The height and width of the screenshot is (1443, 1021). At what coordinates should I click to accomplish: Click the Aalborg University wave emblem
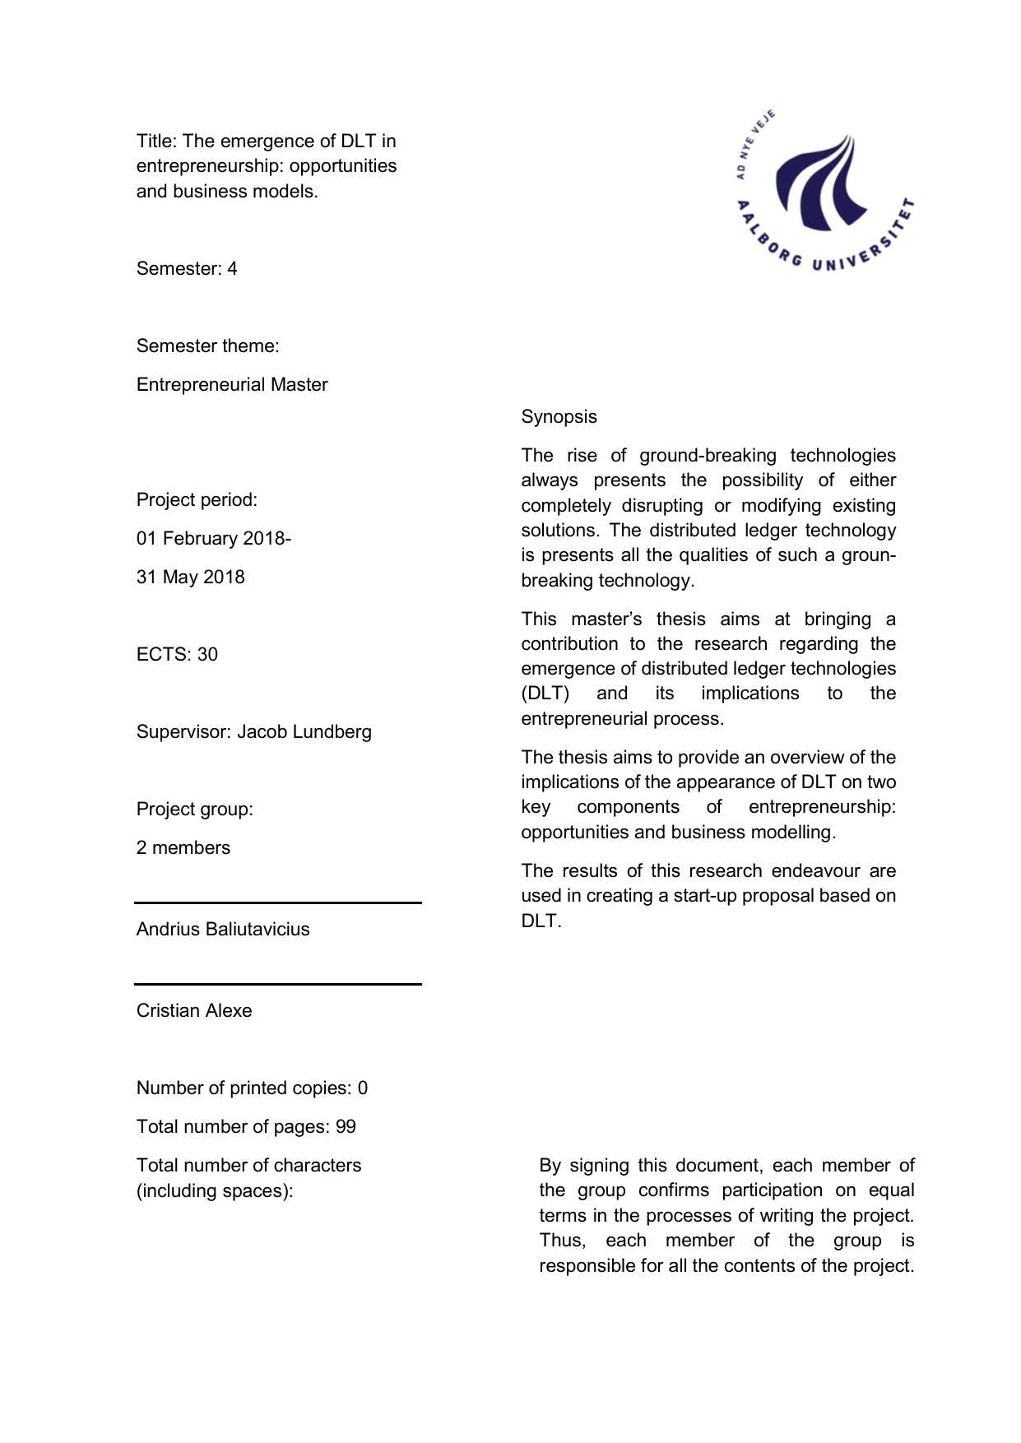(819, 185)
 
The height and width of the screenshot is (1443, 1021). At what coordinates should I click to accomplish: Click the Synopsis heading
(559, 417)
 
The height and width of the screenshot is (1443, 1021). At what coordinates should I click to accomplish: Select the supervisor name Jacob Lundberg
(304, 732)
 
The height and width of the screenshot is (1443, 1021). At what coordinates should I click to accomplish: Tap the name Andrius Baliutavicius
(223, 930)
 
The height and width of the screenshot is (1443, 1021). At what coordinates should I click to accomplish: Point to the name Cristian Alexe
(194, 1011)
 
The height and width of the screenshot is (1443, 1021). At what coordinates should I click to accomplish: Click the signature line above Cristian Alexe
(278, 984)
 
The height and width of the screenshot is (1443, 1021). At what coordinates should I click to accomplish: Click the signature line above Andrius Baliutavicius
(278, 903)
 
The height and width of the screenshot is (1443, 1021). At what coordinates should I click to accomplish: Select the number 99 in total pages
(346, 1127)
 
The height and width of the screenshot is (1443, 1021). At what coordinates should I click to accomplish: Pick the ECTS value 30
(207, 655)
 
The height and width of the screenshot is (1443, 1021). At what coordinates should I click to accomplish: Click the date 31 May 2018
(191, 578)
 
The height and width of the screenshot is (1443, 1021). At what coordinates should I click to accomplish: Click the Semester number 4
(232, 269)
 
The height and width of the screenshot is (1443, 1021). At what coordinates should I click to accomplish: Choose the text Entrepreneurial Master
(232, 385)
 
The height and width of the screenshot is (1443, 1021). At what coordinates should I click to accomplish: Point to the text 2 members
(183, 848)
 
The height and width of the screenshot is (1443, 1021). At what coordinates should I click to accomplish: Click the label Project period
(197, 500)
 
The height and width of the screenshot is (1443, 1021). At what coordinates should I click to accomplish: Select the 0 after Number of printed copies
(363, 1088)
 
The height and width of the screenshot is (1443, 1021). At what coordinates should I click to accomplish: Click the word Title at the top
(155, 142)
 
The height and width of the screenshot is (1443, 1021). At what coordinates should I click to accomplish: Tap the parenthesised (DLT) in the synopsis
(545, 694)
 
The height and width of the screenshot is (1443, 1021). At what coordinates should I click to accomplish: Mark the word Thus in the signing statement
(562, 1241)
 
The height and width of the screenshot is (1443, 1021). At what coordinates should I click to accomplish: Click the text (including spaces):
(215, 1191)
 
